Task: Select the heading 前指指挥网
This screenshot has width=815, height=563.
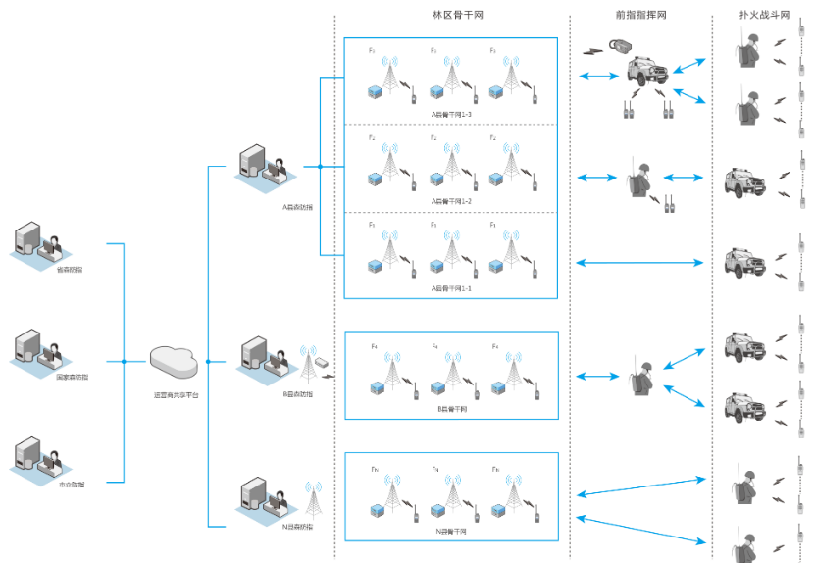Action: [x=639, y=16]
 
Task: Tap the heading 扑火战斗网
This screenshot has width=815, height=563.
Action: [x=764, y=16]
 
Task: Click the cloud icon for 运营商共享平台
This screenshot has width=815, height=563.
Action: [x=175, y=362]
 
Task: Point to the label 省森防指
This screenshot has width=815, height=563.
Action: [x=69, y=269]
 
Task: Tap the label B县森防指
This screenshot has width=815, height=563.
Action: [x=297, y=393]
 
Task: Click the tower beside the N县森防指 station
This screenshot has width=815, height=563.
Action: [x=315, y=500]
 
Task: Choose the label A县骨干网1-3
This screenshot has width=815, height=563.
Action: [x=451, y=114]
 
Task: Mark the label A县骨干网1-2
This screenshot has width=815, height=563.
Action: [x=451, y=201]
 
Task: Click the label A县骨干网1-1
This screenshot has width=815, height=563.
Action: [x=451, y=288]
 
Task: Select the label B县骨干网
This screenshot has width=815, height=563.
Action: [x=451, y=408]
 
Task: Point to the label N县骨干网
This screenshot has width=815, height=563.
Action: [x=451, y=531]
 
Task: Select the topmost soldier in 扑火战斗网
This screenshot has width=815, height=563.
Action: [x=750, y=49]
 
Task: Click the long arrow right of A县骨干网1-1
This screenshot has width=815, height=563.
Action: [x=639, y=262]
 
